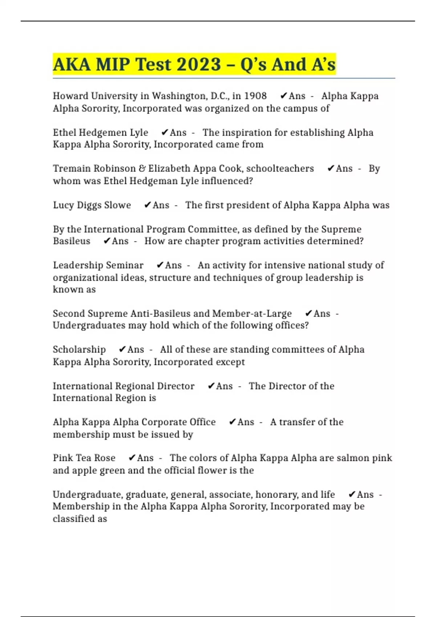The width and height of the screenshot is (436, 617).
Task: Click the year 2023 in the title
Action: pyautogui.click(x=199, y=65)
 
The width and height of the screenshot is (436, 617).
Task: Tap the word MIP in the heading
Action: pyautogui.click(x=113, y=65)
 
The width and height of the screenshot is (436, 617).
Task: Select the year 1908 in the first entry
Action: pyautogui.click(x=255, y=96)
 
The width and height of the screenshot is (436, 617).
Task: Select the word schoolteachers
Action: pyautogui.click(x=280, y=168)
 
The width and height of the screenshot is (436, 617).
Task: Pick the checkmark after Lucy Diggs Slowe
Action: pyautogui.click(x=147, y=205)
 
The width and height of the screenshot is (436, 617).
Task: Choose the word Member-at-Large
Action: pyautogui.click(x=252, y=314)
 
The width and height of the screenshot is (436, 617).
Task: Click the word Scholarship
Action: pyautogui.click(x=79, y=350)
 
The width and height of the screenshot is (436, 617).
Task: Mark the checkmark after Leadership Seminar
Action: pyautogui.click(x=160, y=265)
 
